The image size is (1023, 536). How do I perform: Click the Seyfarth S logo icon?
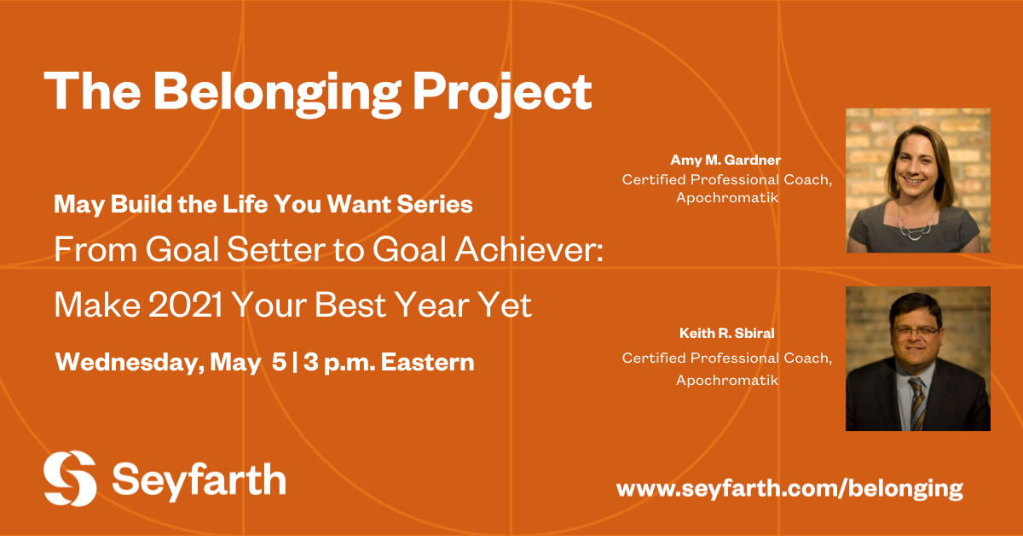[x=70, y=478]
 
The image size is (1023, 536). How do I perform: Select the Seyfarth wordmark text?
[x=199, y=479]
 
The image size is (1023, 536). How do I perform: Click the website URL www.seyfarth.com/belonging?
[x=789, y=488]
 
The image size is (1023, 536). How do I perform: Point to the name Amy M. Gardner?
[x=725, y=160]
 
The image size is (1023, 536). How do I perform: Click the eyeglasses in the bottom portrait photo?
[x=916, y=330]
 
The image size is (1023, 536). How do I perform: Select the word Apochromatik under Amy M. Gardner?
[x=727, y=198]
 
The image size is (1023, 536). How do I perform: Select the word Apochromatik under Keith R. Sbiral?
[x=727, y=380]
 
